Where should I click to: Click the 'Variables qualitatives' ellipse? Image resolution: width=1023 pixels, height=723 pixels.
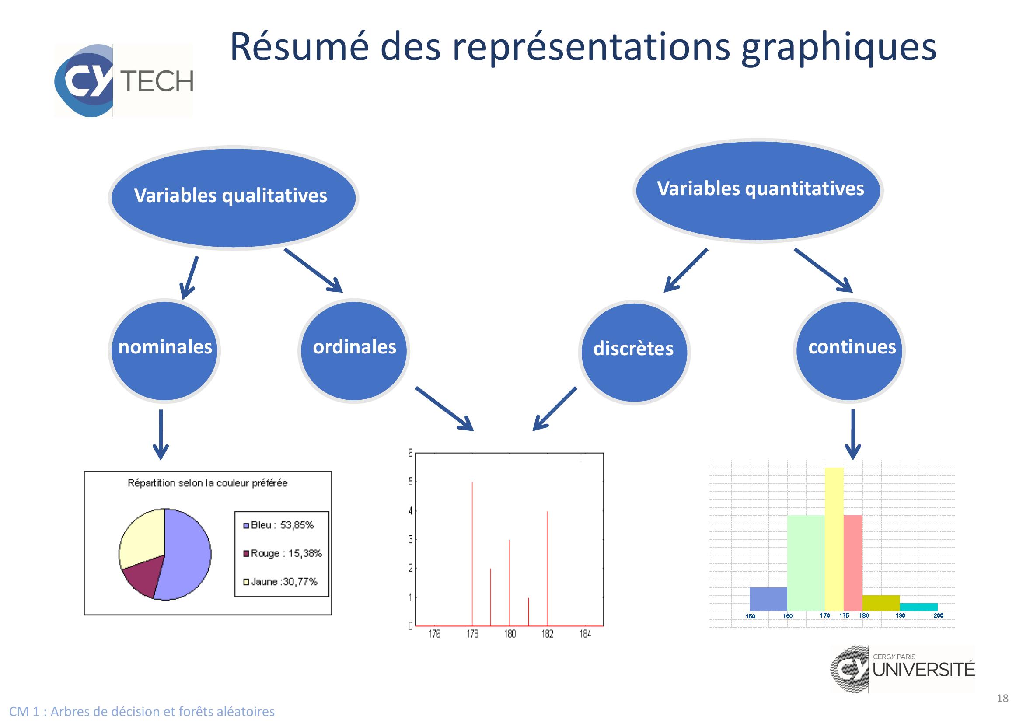pos(234,198)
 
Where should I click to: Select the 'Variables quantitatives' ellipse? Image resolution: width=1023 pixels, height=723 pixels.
pos(758,191)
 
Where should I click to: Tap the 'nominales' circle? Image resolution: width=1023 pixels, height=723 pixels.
pos(164,351)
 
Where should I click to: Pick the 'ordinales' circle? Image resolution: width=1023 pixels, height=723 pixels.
pos(354,351)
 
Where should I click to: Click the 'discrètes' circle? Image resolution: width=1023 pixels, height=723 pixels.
pos(634,352)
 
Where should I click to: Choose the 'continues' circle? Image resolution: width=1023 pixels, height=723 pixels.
pos(849,351)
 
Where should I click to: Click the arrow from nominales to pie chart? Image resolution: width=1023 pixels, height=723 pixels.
pos(161,434)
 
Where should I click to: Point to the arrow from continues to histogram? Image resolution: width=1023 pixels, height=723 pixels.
pos(853,434)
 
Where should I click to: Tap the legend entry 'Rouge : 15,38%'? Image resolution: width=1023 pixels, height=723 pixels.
pos(282,553)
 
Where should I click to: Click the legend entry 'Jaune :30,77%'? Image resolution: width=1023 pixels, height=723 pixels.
pos(280,581)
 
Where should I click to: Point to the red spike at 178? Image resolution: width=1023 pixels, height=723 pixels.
pos(472,554)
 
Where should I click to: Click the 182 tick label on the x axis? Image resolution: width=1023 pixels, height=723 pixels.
pos(548,634)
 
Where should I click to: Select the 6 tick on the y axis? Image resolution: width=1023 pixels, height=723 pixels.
pos(410,453)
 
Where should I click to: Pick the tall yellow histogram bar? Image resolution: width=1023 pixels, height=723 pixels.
pos(834,539)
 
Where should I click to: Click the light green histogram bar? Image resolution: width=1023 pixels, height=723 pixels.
pos(806,563)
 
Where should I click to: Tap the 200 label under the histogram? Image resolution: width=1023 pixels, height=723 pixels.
pos(938,616)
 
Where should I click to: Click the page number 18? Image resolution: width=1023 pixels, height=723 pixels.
pos(1002,698)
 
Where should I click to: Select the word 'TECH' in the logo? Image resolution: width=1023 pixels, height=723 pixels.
pos(157,81)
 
